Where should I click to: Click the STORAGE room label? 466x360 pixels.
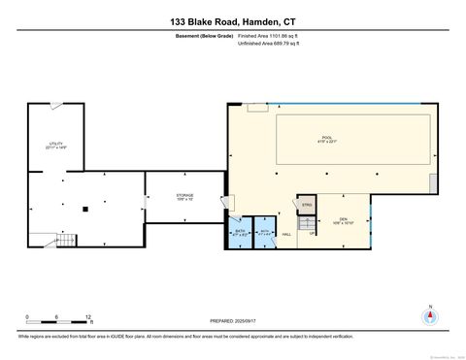click(x=184, y=197)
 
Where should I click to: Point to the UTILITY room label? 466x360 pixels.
click(x=56, y=146)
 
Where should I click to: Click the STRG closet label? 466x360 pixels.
click(x=307, y=206)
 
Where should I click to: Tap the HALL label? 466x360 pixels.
click(x=286, y=233)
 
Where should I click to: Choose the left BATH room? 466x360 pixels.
click(x=240, y=232)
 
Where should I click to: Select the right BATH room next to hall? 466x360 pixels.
click(x=264, y=232)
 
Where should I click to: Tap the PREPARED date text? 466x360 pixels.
click(x=232, y=321)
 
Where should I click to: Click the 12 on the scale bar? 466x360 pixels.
click(x=88, y=317)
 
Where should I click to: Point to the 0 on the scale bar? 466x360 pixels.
click(x=27, y=317)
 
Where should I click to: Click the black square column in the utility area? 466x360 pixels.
click(x=85, y=208)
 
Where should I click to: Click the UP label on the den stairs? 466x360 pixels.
click(x=311, y=233)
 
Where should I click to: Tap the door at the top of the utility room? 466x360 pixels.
click(x=58, y=105)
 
